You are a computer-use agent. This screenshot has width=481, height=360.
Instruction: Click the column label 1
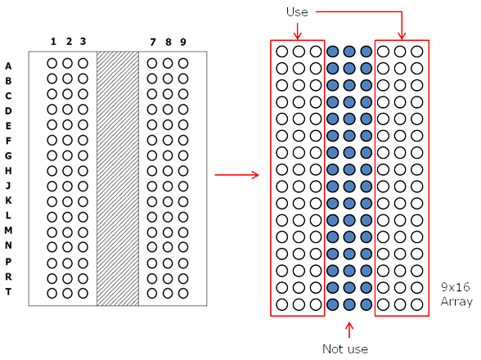click(x=53, y=42)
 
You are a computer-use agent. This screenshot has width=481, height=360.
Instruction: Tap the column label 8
click(x=169, y=42)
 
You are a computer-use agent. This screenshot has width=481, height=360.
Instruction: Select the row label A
click(x=8, y=66)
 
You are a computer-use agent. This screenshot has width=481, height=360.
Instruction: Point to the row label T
click(x=8, y=291)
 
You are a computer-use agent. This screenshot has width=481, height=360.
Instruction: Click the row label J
click(x=8, y=186)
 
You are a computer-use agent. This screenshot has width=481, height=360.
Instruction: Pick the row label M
click(x=8, y=230)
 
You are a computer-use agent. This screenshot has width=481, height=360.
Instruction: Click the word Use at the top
click(x=297, y=12)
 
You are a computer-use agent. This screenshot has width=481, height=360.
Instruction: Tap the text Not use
click(x=345, y=349)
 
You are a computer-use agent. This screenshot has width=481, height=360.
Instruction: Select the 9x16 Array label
click(x=456, y=295)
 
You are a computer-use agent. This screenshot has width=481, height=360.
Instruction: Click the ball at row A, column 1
click(x=52, y=64)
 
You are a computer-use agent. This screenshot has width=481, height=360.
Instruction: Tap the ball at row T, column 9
click(x=183, y=294)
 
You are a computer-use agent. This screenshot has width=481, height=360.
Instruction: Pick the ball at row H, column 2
click(x=67, y=171)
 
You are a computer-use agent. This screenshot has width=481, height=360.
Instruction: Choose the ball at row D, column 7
click(x=152, y=110)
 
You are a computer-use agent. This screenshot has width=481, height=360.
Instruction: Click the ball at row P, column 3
click(x=83, y=263)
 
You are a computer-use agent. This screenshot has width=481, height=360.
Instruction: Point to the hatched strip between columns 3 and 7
click(x=118, y=178)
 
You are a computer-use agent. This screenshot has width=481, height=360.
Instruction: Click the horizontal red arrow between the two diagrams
click(x=237, y=175)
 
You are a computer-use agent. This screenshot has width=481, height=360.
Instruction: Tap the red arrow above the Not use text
click(x=349, y=330)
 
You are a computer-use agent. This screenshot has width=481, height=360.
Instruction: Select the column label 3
click(x=83, y=42)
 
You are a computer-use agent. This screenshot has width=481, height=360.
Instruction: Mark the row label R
click(x=8, y=277)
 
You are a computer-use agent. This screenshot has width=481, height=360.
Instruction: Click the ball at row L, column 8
click(x=168, y=217)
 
